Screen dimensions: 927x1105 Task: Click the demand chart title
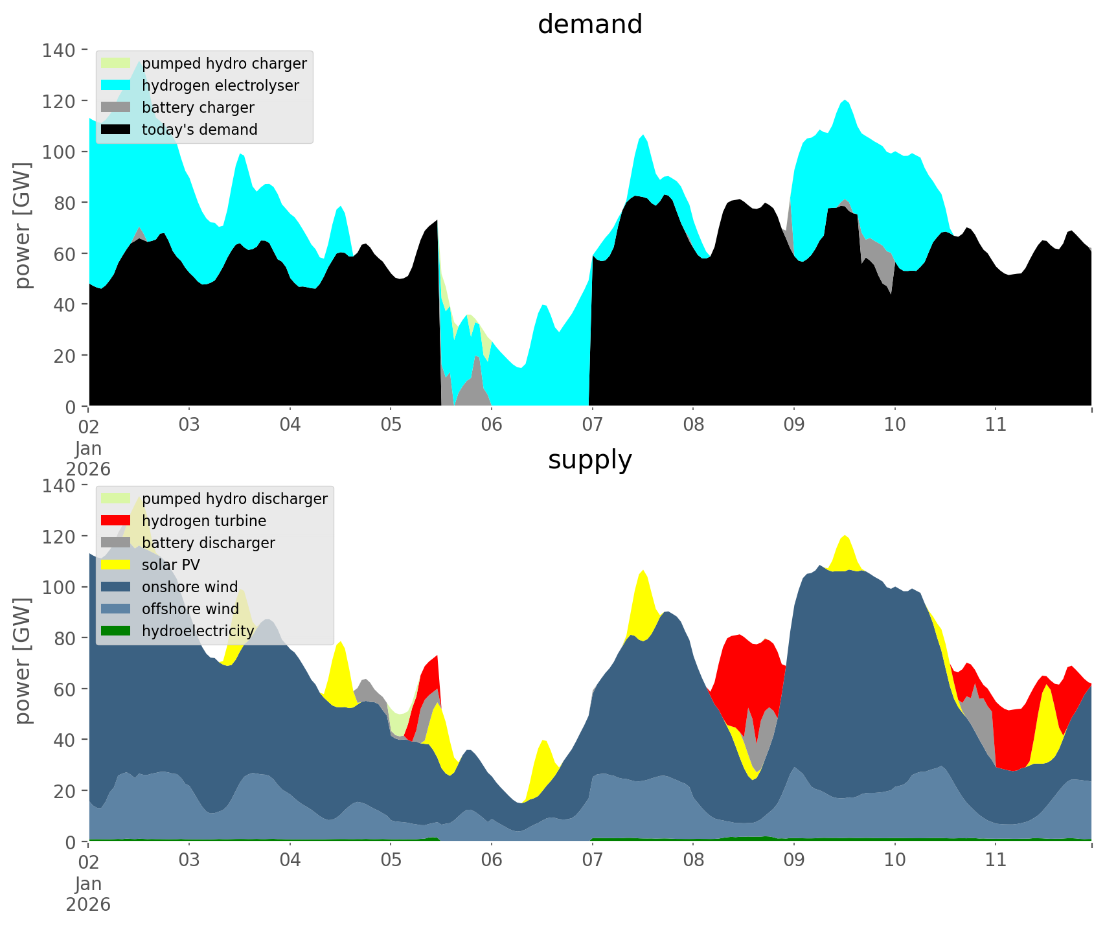(589, 25)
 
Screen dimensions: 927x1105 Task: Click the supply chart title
(589, 460)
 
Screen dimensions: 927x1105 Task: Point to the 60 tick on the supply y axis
(65, 689)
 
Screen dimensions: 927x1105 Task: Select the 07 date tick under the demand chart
(592, 425)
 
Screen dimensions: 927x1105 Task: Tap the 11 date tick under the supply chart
(996, 860)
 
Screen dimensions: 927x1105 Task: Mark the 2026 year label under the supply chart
(88, 904)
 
